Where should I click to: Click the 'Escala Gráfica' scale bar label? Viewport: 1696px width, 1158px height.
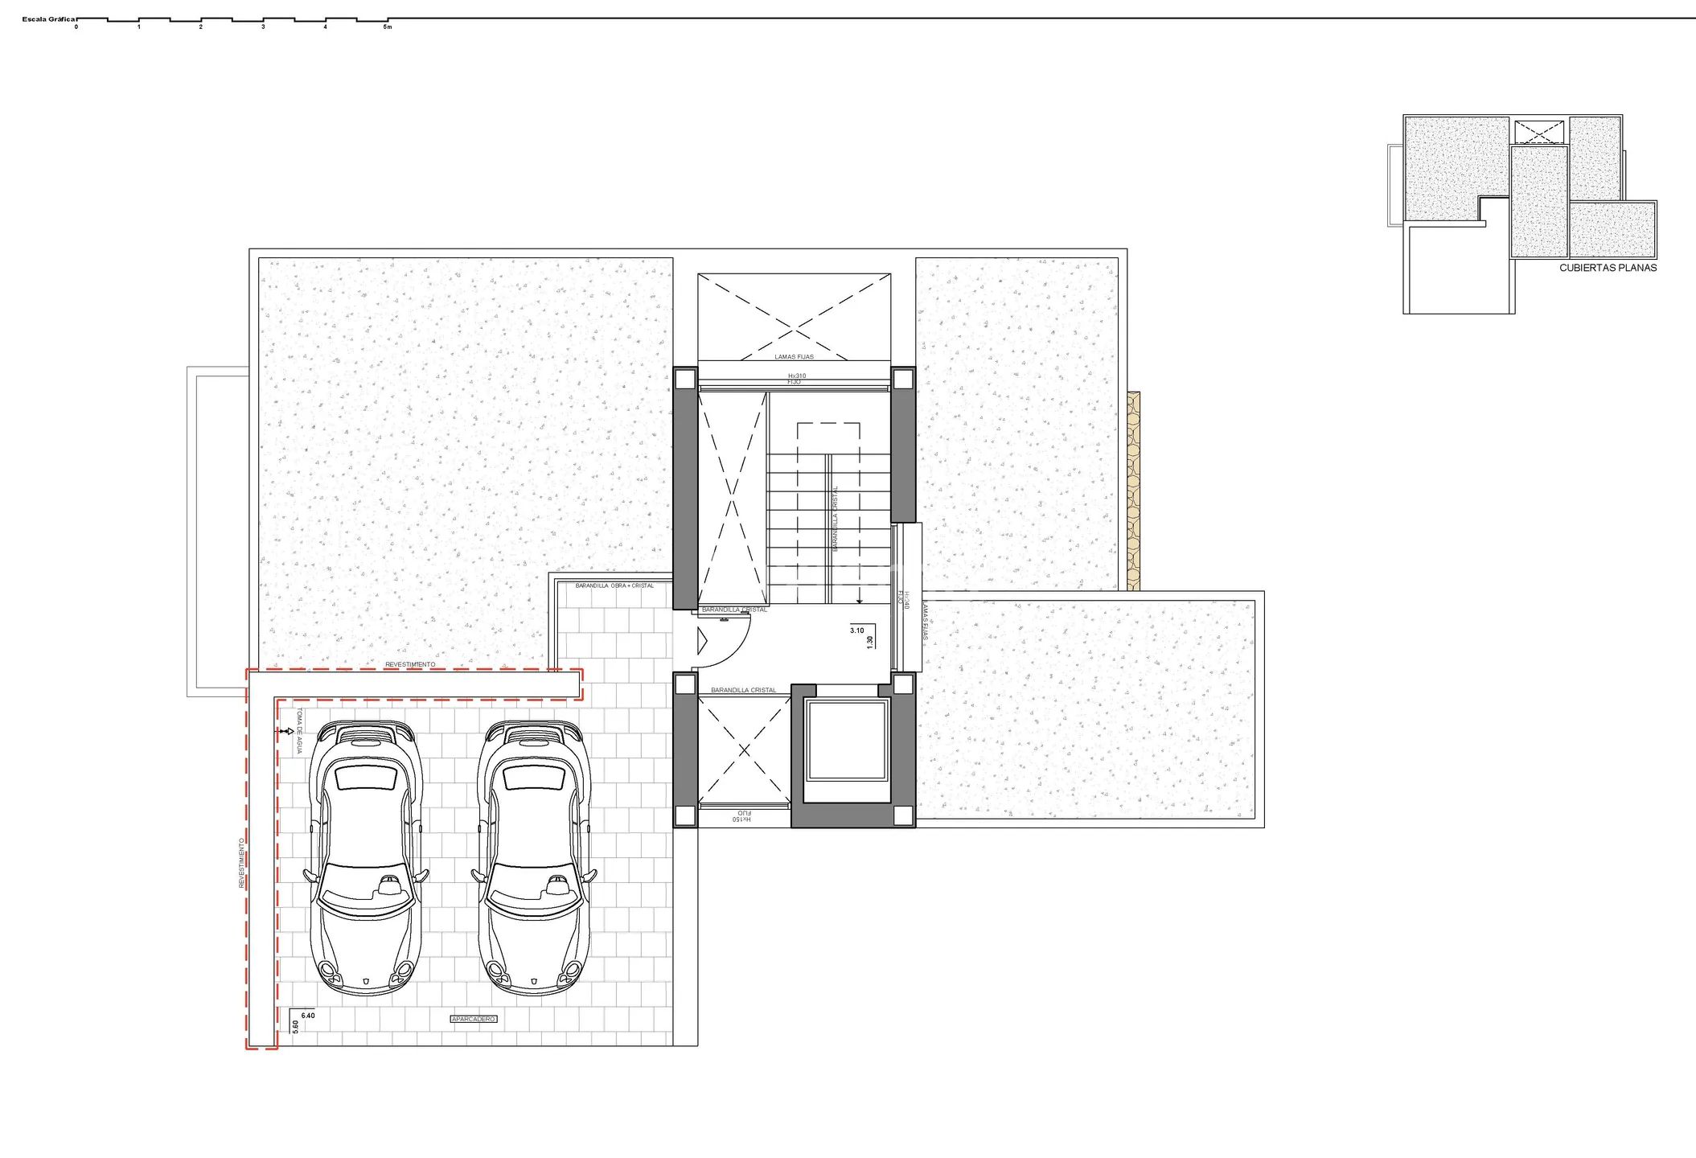[48, 18]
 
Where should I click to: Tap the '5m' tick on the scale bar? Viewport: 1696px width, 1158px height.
[388, 27]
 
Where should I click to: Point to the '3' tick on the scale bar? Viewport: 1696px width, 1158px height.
[263, 27]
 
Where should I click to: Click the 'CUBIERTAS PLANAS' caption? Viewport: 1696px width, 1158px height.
[1608, 268]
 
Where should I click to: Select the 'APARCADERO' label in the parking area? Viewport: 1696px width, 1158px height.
[474, 1019]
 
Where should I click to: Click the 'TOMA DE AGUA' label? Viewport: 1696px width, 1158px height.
[300, 731]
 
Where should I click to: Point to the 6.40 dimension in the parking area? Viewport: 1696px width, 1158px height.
[308, 1016]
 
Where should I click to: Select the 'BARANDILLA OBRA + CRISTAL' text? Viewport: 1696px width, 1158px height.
[614, 585]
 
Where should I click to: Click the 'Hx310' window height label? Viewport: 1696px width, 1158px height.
[796, 376]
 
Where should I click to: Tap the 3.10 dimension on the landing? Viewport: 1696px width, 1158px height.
[856, 630]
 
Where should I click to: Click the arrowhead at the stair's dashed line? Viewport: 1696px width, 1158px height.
[860, 600]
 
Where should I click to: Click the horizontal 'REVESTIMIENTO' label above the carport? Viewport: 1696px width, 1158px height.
[410, 665]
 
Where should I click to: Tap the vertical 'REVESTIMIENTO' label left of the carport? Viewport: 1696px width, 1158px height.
[240, 863]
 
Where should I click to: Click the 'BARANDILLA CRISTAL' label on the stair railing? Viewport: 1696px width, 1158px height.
[836, 519]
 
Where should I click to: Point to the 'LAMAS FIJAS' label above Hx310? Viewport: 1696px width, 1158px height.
[794, 357]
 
